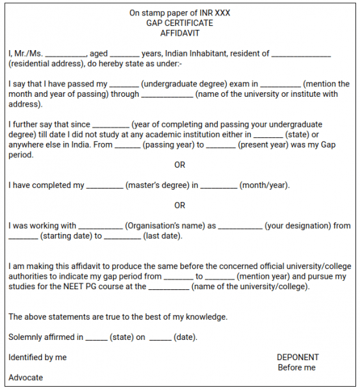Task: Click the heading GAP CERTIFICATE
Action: [180, 23]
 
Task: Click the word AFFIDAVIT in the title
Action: [180, 33]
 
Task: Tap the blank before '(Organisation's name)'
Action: [100, 227]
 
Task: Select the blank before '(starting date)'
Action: [23, 237]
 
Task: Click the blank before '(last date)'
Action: [122, 237]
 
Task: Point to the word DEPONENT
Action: [298, 357]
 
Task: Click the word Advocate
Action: [26, 377]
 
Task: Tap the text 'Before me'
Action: [296, 367]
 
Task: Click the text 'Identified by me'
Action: [38, 357]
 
